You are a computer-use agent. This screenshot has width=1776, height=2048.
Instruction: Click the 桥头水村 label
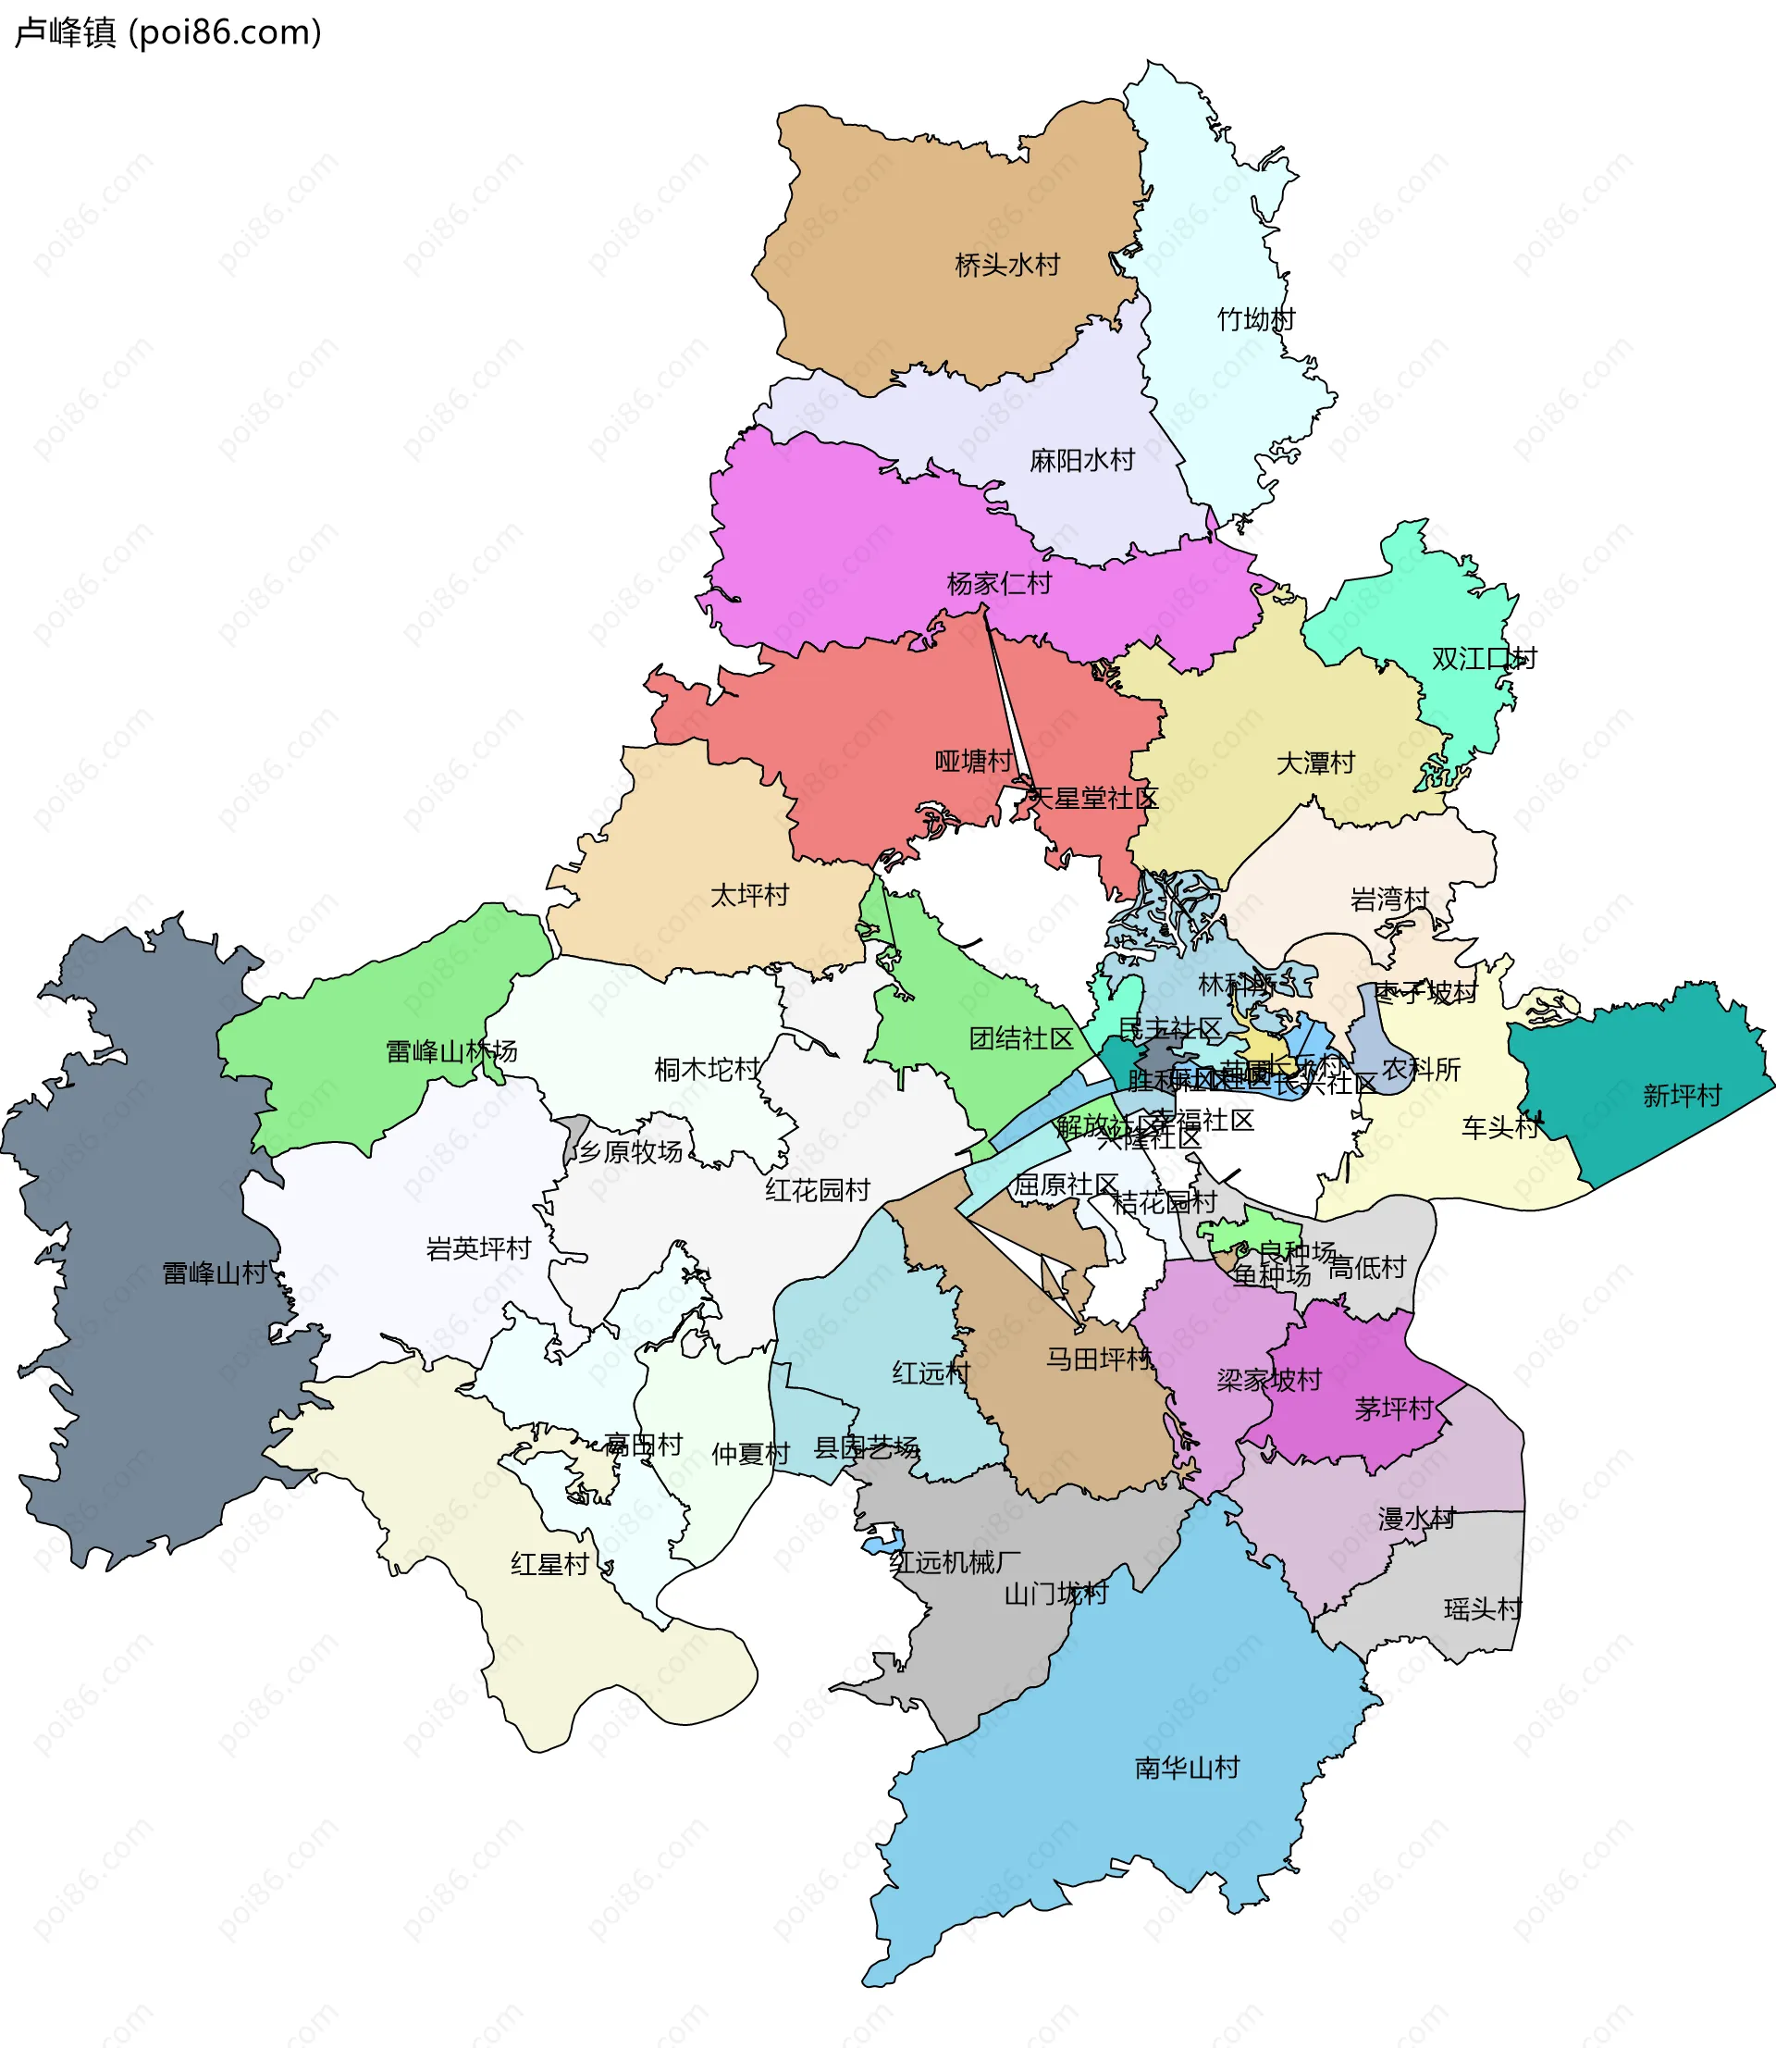1007,265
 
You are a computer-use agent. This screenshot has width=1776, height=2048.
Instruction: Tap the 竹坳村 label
1256,319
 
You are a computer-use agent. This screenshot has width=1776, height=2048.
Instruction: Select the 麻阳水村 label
1081,460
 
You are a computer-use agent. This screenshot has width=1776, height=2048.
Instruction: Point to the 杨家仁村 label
999,583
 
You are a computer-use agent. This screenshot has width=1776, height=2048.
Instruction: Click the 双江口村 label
1484,658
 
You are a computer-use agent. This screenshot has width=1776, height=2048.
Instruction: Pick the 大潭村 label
1315,763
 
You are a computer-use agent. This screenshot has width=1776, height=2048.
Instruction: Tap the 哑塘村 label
973,762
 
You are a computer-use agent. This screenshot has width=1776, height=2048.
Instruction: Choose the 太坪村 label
749,895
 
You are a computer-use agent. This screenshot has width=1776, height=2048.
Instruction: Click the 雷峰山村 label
214,1272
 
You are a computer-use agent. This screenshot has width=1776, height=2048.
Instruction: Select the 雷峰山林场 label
451,1051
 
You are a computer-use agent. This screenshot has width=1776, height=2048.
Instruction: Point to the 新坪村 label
1682,1096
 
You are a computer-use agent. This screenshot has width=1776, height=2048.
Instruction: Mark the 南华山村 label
1186,1768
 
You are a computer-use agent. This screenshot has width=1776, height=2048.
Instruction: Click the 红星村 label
550,1564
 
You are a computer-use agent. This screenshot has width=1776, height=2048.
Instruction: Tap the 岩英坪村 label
479,1248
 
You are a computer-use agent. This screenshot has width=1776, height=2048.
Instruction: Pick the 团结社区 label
1021,1039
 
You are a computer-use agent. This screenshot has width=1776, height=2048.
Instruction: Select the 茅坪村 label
1393,1409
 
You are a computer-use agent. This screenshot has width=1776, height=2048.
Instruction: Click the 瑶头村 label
1483,1608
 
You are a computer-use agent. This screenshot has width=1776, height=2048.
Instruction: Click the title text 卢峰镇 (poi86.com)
168,32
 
